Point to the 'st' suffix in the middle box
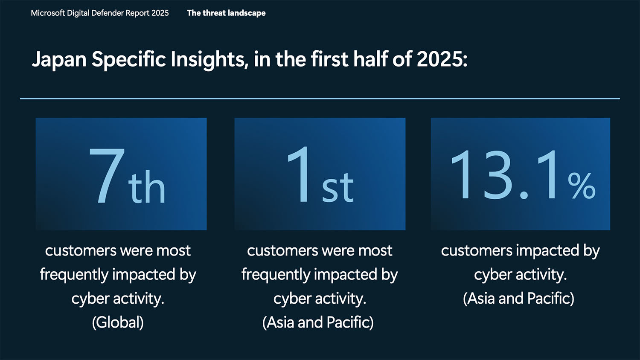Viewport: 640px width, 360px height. pos(338,187)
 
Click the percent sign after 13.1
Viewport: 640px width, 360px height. pos(582,186)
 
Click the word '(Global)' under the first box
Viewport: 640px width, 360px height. pos(118,322)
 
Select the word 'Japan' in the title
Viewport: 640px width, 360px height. pos(59,60)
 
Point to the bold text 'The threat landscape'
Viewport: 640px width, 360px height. pos(226,13)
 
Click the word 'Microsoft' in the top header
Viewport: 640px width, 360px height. pos(48,13)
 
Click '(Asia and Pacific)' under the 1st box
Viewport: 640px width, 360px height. pos(318,322)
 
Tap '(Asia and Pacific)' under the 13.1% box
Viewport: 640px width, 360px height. pos(518,298)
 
